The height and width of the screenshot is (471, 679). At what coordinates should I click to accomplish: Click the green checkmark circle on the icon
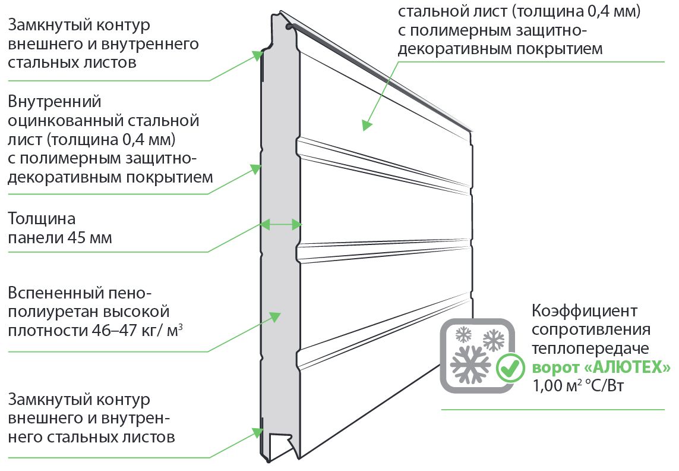tap(509, 368)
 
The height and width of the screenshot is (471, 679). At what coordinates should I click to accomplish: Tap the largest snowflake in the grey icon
tap(470, 363)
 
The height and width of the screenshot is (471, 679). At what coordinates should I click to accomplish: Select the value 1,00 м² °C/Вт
tap(579, 385)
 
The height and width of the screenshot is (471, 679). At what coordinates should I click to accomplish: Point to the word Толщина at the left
tap(42, 219)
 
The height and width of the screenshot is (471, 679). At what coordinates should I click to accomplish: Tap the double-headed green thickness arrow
tap(282, 224)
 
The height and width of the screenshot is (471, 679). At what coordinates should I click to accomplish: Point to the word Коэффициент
tap(585, 310)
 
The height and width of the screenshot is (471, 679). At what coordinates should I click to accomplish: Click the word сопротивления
tap(591, 329)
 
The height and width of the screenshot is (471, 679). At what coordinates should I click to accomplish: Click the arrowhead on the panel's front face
tap(366, 125)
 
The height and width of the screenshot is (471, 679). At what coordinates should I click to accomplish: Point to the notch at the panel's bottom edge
tap(280, 445)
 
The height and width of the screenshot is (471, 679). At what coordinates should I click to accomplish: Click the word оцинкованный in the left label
tap(65, 121)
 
